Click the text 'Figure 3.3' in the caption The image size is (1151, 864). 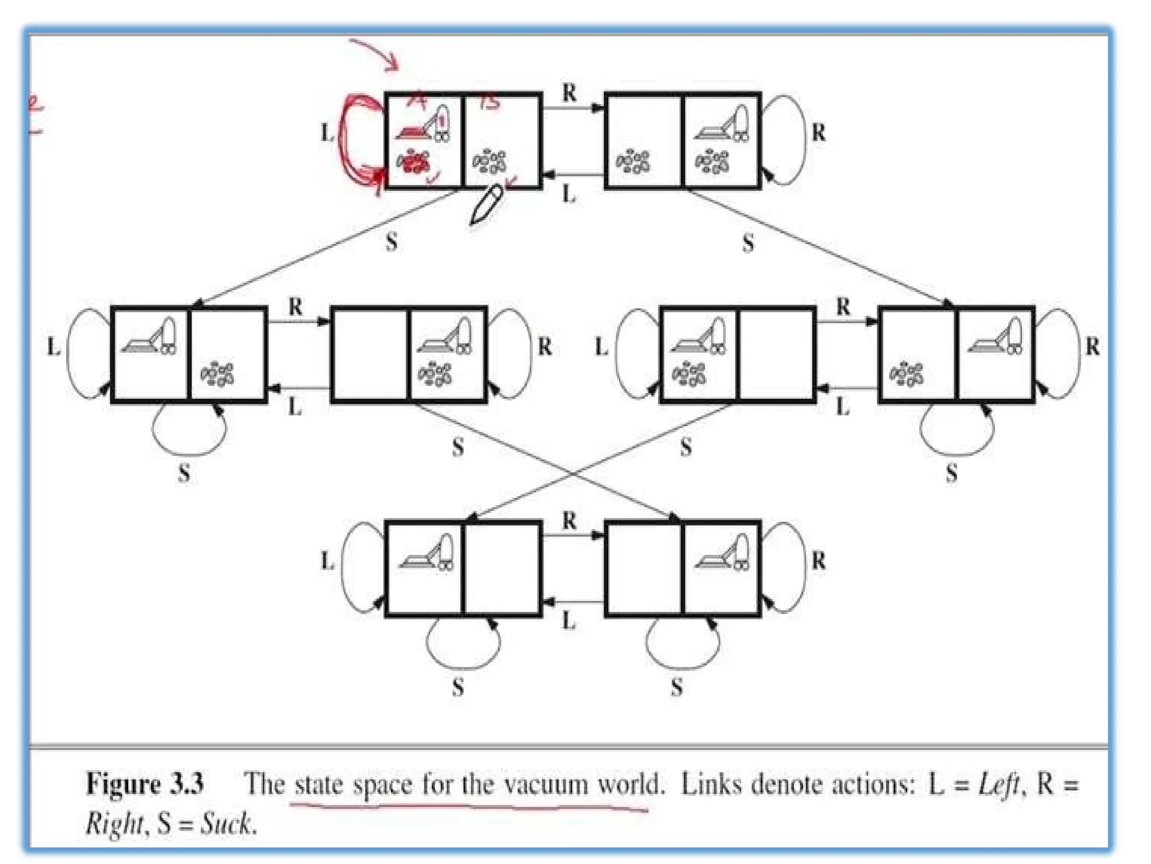(x=144, y=784)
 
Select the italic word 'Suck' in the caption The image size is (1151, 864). (x=226, y=824)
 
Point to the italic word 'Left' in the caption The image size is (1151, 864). (x=999, y=784)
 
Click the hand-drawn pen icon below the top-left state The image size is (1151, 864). (x=486, y=204)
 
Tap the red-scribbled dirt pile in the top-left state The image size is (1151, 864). (x=413, y=162)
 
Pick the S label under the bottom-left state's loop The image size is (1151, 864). (x=458, y=687)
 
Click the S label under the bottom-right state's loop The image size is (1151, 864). (x=677, y=687)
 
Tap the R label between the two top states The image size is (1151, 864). (x=569, y=93)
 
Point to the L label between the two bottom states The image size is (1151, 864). (x=569, y=621)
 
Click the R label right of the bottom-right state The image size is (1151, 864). (x=818, y=561)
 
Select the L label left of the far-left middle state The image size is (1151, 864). (x=53, y=347)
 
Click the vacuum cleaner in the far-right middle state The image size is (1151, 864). (x=995, y=337)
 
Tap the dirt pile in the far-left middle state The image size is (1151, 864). (x=217, y=374)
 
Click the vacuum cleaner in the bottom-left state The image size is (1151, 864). (x=427, y=554)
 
